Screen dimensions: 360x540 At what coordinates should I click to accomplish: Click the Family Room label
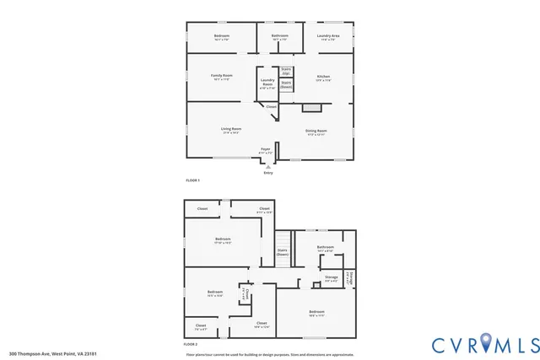222,77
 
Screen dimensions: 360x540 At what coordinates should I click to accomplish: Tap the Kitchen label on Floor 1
323,78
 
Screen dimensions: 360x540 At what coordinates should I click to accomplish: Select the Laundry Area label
328,36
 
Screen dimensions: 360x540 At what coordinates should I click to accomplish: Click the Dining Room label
316,132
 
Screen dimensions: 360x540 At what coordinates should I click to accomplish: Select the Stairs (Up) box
285,72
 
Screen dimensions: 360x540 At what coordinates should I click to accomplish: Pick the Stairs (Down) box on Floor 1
286,83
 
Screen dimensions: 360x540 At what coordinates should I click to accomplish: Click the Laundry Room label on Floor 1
267,83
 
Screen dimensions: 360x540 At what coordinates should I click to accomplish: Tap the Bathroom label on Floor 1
280,36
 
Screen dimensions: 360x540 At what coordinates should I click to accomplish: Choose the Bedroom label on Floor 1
221,36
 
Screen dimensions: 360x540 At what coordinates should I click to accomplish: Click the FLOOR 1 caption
193,180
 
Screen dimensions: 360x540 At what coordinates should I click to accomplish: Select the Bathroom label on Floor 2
326,248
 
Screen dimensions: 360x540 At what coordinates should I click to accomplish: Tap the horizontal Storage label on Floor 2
331,277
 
